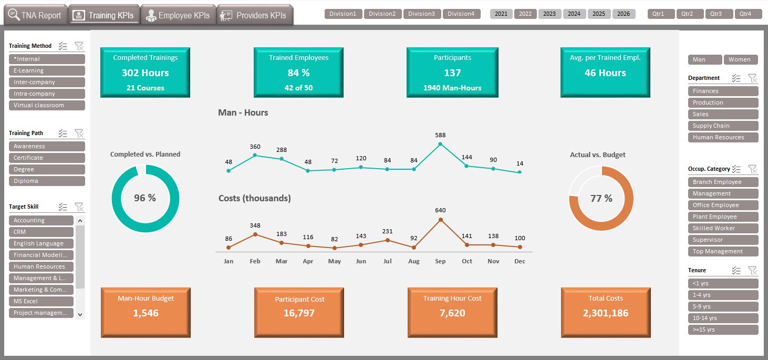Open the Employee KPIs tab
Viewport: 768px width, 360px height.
[178, 15]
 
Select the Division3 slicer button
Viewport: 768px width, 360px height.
[421, 14]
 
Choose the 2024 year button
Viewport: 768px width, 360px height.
[574, 14]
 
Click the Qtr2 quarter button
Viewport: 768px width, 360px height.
[687, 14]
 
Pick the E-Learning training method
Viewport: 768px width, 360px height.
[47, 70]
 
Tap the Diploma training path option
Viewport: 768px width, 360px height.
[47, 181]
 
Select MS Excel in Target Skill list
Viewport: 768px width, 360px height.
[41, 301]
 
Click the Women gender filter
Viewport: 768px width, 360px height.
[740, 59]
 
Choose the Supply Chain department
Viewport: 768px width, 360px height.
[723, 126]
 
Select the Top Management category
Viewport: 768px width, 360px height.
[723, 251]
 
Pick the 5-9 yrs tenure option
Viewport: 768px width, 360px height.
[723, 306]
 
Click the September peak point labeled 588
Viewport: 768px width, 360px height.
[440, 144]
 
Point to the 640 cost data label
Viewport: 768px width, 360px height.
[440, 210]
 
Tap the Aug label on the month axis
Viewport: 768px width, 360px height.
[414, 261]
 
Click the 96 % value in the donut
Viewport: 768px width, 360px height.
[145, 198]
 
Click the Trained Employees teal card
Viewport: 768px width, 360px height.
[298, 73]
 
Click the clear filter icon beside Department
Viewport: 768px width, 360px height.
[752, 78]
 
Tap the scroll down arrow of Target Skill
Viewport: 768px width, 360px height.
[80, 314]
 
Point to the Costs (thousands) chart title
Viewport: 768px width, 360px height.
[254, 198]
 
